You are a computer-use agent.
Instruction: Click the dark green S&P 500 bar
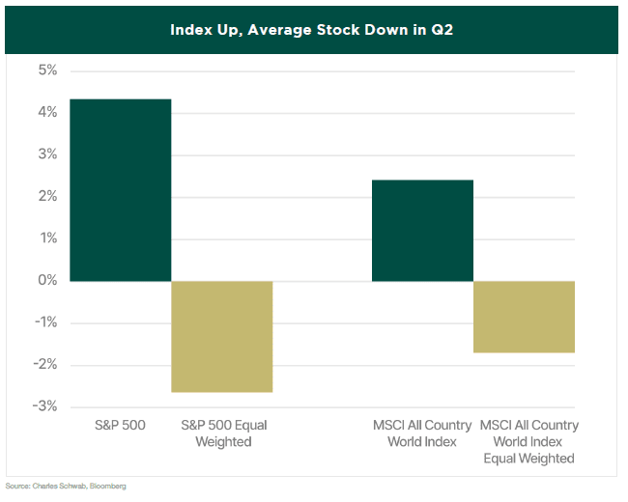120,190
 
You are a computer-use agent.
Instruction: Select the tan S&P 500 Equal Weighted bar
221,337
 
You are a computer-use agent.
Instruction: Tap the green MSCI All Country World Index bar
422,231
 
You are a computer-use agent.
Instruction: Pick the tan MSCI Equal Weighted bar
524,317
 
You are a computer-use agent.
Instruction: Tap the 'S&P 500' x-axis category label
121,425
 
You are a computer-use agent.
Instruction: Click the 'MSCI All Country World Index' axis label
422,432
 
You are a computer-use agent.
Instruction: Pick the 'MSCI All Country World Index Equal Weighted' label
528,441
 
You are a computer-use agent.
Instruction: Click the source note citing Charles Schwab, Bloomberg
66,486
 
